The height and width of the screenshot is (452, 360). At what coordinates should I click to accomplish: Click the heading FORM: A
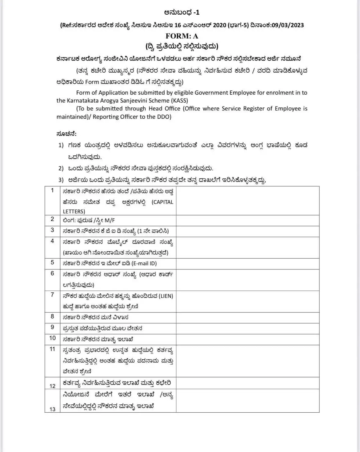182,36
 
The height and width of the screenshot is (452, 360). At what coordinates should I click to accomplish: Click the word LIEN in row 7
165,296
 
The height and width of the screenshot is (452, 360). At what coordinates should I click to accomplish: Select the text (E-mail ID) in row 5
144,263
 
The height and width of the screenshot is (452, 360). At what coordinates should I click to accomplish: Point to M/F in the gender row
110,220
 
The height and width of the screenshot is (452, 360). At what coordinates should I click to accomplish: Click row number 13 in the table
52,409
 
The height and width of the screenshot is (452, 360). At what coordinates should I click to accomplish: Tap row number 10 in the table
52,338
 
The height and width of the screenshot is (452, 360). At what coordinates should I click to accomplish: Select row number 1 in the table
52,190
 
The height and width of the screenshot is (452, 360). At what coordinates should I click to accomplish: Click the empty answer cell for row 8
247,317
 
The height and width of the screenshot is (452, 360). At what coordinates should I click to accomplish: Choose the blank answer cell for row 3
247,231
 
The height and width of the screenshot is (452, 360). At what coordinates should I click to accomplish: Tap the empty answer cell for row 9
247,328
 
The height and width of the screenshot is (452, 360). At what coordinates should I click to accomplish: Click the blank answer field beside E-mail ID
247,263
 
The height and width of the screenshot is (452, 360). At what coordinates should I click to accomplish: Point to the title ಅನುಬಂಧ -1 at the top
182,12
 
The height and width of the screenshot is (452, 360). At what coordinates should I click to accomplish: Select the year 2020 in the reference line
219,25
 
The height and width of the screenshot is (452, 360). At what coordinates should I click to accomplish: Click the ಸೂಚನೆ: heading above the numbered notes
66,134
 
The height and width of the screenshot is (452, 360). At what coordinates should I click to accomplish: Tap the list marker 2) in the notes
61,168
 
